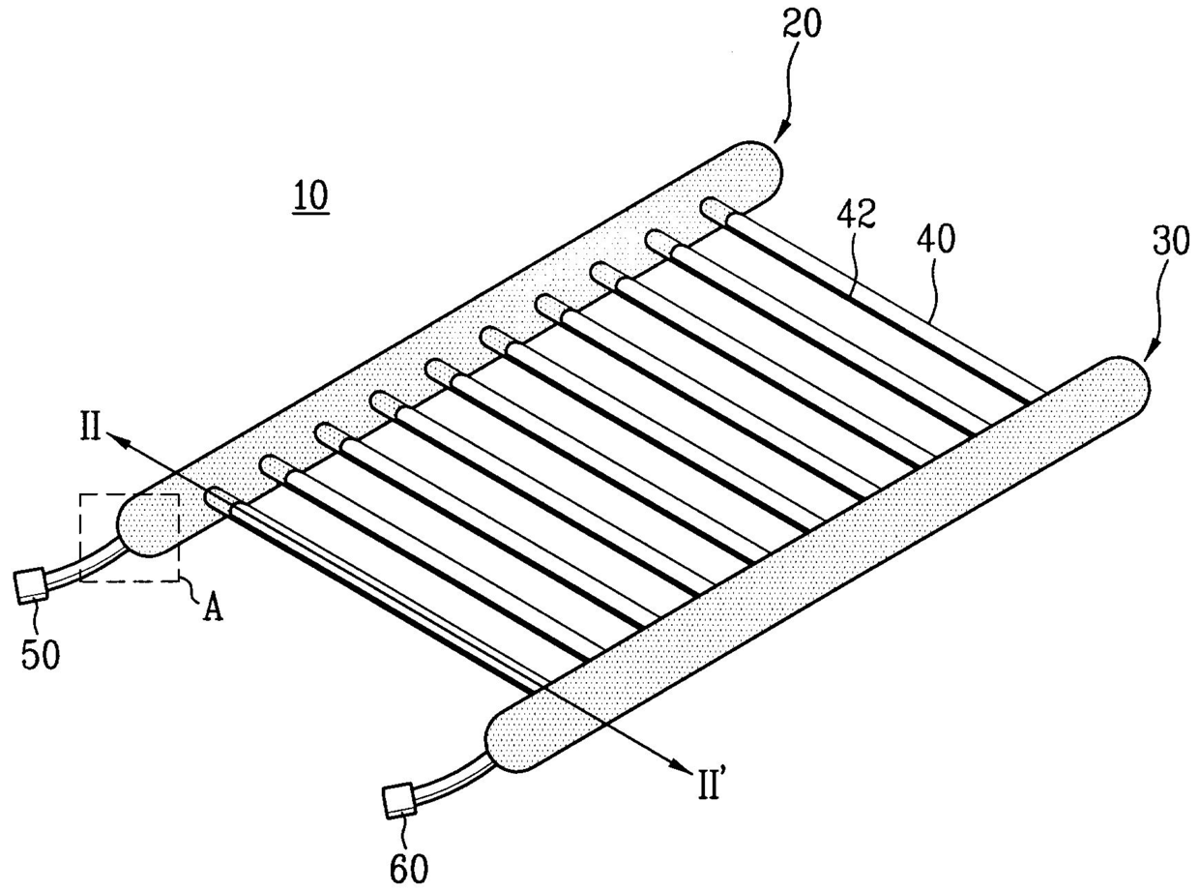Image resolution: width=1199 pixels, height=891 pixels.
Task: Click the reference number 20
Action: tap(803, 25)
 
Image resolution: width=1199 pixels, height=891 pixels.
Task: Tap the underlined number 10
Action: tap(311, 196)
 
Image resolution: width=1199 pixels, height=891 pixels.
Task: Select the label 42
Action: tap(857, 215)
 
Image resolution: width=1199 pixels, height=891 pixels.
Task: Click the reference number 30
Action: tap(1171, 241)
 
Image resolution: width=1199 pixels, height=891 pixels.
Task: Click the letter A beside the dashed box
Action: tap(213, 609)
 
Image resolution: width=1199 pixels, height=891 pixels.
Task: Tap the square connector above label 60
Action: tap(400, 799)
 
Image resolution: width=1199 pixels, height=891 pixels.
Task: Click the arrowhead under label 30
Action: tap(1152, 348)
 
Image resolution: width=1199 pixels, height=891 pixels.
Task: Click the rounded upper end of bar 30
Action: tap(1126, 381)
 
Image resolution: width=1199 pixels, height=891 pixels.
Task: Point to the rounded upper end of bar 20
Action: tap(758, 166)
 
